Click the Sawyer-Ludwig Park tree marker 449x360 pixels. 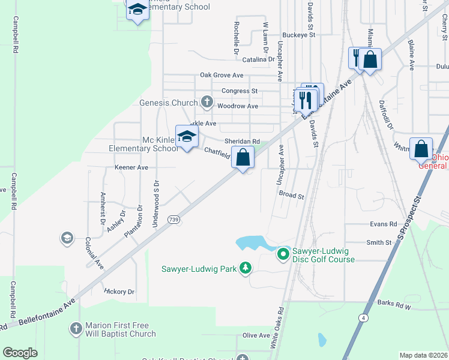click(245, 268)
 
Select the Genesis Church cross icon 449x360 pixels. click(207, 102)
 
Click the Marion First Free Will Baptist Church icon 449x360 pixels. click(76, 329)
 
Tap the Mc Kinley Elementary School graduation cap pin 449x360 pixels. click(187, 137)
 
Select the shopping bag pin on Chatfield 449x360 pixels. click(243, 158)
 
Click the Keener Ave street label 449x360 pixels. click(131, 167)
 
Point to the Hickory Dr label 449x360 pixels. click(119, 292)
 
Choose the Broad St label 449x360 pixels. click(292, 195)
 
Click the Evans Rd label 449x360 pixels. click(384, 224)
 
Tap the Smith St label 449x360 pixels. click(379, 242)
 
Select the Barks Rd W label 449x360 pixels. click(394, 306)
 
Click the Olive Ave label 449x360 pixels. click(256, 335)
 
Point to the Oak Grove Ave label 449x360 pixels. click(221, 76)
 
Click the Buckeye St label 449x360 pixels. click(298, 35)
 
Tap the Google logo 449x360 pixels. click(20, 352)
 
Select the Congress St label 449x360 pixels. click(240, 91)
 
